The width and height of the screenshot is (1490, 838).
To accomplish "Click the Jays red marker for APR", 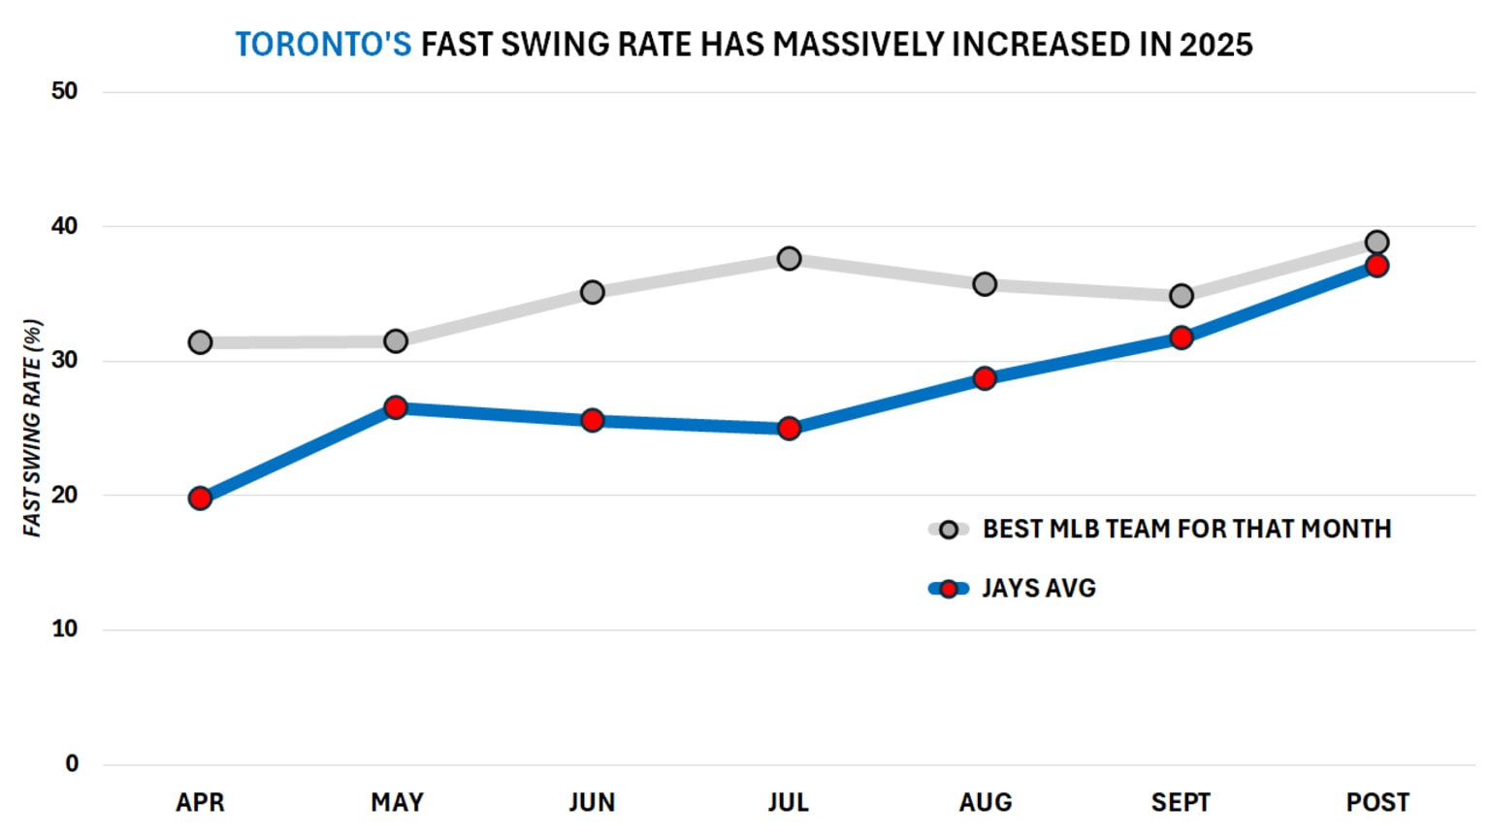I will (x=200, y=499).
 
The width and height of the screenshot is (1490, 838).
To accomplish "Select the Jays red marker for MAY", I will (x=396, y=407).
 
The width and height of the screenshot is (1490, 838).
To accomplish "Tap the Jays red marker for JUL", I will (x=789, y=428).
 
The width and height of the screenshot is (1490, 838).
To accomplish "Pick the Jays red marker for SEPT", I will (x=1181, y=338).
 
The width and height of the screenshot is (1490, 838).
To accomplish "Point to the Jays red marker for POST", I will (x=1377, y=266).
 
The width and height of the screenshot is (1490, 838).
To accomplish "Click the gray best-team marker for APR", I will (x=200, y=342).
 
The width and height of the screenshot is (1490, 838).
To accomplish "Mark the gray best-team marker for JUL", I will (x=789, y=259).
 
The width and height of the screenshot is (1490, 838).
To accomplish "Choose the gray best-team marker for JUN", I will (x=593, y=292).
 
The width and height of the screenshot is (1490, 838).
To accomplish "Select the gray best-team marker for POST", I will (x=1377, y=242).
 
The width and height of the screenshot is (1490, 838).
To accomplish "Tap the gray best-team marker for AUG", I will (x=985, y=284).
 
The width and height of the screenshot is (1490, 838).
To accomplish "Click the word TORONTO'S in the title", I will (x=323, y=45).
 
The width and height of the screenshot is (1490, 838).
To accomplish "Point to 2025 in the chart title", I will (x=1215, y=45).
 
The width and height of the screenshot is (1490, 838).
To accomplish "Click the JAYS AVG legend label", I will (x=1038, y=588).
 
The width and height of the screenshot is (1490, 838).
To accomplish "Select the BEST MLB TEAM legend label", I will (x=1186, y=529).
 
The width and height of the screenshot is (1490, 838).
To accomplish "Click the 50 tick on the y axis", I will (x=64, y=91).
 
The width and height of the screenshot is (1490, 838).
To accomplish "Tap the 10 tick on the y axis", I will (x=64, y=628).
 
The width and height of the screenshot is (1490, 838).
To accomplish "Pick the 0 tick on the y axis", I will (x=72, y=763).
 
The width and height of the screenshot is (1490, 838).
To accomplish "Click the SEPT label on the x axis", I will (x=1181, y=802).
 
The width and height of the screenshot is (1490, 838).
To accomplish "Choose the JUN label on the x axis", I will (x=592, y=802).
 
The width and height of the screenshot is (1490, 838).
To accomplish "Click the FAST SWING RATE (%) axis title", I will (x=32, y=428).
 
